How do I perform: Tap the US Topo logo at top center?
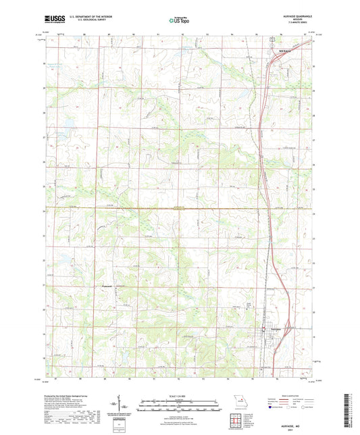click(x=179, y=21)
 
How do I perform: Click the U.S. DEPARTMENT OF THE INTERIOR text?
click(x=88, y=17)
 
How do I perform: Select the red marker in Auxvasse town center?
click(x=263, y=330)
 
